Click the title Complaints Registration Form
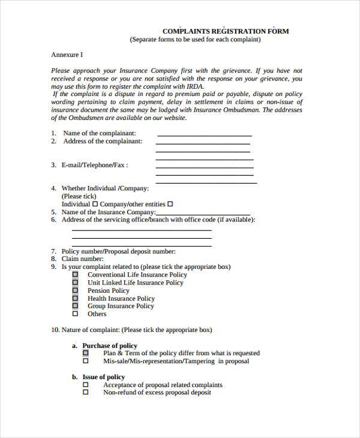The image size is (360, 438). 225,31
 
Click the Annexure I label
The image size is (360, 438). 67,55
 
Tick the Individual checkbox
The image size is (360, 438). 95,204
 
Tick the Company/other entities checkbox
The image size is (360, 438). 170,204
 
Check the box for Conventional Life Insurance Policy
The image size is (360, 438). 76,275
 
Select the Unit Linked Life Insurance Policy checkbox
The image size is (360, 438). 76,283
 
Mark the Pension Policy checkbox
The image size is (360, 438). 76,290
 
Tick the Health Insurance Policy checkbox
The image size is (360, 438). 76,298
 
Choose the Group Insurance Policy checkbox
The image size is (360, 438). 76,306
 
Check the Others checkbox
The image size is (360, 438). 76,314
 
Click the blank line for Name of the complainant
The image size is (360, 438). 204,135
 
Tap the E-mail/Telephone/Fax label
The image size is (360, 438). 95,164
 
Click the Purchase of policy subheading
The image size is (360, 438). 110,346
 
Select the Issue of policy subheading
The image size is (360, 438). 103,377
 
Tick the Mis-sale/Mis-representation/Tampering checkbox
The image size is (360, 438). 85,361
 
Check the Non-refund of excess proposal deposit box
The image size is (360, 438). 85,392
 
